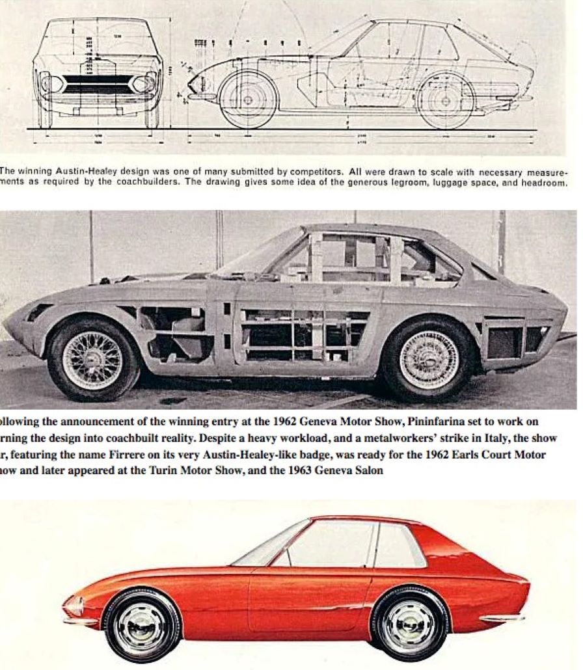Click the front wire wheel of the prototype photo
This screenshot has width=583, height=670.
click(92, 359)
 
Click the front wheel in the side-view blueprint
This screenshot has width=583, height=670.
click(248, 100)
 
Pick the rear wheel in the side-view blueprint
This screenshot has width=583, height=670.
click(446, 100)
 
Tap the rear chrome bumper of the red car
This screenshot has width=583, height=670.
click(500, 616)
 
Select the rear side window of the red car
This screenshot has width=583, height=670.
click(398, 544)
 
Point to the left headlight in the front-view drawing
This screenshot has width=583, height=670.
click(52, 83)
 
